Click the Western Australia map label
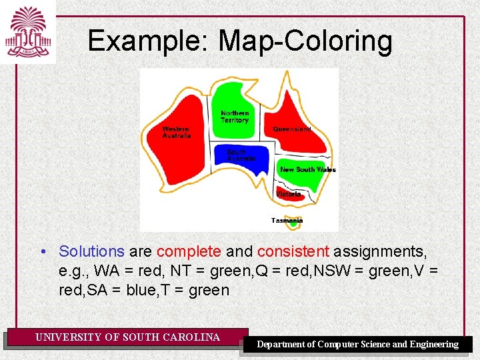(177, 132)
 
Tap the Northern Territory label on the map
(235, 117)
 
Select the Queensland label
(291, 129)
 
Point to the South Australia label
(241, 155)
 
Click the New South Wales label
(307, 169)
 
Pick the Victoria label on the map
(288, 194)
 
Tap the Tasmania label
(287, 220)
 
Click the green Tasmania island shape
(292, 225)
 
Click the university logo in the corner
(28, 31)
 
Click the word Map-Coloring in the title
(305, 41)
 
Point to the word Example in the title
(148, 41)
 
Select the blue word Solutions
(91, 251)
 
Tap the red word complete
(188, 251)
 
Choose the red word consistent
(293, 251)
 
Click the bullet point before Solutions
(42, 252)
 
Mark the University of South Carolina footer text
(127, 337)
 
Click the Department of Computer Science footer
(358, 344)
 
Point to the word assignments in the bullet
(380, 251)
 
